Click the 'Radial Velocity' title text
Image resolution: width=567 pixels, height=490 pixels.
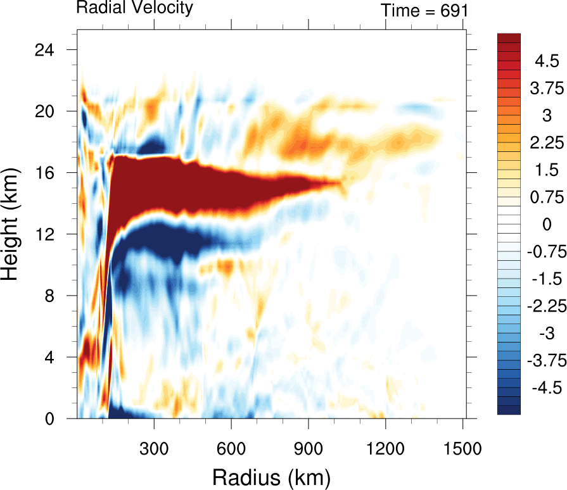point(134,7)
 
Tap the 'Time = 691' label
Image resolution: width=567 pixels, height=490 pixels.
point(424,11)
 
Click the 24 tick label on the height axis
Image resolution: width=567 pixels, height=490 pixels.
point(44,50)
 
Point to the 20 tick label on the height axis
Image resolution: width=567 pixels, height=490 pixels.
point(44,111)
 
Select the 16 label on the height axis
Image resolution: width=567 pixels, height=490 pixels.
point(44,173)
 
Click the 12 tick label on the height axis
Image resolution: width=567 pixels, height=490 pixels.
point(44,234)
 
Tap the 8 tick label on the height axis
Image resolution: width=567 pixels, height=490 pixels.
point(49,296)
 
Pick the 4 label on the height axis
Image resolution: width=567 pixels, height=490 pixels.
point(49,358)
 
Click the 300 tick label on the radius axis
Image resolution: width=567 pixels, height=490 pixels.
point(154,449)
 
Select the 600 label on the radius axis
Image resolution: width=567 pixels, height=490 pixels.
point(231,449)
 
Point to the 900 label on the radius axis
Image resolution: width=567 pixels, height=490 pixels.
point(308,449)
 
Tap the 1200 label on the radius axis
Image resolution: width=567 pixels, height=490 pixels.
point(385,449)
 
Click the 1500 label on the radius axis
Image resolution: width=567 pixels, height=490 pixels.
point(462,449)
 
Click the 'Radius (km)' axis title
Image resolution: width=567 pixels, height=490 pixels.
point(272,478)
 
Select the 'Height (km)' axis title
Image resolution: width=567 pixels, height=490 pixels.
point(10,224)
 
